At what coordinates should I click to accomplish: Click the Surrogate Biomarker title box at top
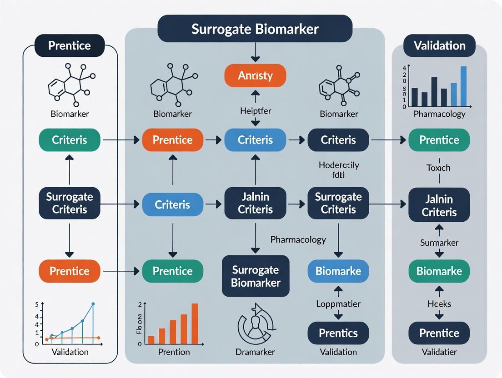point(255,29)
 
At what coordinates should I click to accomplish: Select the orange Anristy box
point(255,75)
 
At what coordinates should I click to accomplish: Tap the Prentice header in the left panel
point(70,45)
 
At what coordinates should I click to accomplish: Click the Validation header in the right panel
point(439,45)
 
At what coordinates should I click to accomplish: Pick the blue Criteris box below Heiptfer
point(255,140)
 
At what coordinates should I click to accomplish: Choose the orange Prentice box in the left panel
point(70,271)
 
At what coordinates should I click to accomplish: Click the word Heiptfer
point(255,110)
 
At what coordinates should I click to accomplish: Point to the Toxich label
point(438,168)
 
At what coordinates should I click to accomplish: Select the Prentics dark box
point(338,333)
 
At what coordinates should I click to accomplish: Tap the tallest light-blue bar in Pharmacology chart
point(463,86)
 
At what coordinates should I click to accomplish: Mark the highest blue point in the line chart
point(93,304)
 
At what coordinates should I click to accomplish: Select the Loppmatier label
point(338,304)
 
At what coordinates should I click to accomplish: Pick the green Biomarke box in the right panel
point(439,271)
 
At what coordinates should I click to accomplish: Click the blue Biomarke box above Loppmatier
point(338,271)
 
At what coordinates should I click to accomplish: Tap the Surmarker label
point(439,243)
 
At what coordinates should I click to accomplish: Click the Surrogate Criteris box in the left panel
point(70,203)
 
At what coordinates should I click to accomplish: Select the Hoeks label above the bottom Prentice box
point(439,303)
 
